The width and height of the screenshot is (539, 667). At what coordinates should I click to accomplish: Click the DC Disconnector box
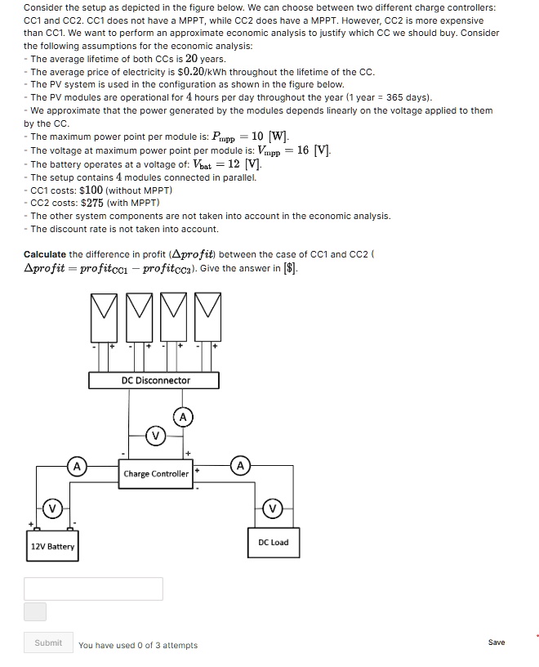pos(155,380)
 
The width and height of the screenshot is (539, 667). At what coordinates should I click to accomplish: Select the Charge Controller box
pos(156,474)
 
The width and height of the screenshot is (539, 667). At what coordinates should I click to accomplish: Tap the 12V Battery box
pos(52,546)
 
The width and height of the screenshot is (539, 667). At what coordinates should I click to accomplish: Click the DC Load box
pos(273,542)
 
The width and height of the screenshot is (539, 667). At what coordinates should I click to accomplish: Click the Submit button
pos(48,643)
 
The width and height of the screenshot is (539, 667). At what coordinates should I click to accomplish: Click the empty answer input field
pos(93,589)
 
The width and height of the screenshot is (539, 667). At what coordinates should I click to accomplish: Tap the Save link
pos(496,642)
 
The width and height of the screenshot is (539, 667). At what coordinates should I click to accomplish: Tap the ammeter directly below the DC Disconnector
pos(183,418)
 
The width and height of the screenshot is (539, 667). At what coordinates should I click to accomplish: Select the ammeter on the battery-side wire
pos(76,467)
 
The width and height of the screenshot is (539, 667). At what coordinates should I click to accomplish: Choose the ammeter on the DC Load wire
pos(241,467)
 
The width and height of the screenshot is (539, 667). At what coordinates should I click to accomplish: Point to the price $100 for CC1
pos(96,190)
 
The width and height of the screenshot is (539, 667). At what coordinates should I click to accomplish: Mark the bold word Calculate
pos(45,254)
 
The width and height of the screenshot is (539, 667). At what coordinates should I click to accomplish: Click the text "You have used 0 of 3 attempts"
pos(138,645)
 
